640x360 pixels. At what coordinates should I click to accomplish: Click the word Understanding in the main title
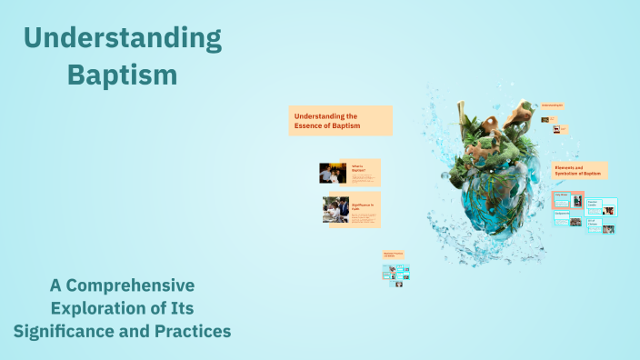point(122,38)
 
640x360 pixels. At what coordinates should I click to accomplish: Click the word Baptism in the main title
point(122,75)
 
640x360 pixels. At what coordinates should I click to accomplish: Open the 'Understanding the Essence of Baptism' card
point(340,121)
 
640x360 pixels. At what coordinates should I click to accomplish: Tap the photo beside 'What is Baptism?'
point(330,174)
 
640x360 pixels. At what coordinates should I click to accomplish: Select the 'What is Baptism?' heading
point(360,168)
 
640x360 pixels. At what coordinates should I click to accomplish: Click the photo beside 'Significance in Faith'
point(335,209)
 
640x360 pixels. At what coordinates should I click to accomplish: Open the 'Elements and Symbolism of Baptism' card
point(580,170)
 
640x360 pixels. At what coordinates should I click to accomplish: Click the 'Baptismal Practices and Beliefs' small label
point(393,255)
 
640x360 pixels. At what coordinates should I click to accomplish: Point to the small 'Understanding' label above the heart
point(552,106)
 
